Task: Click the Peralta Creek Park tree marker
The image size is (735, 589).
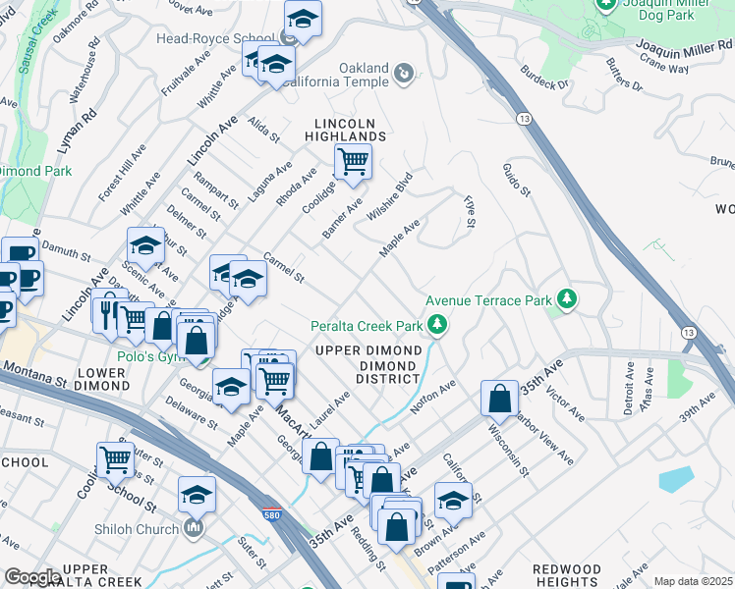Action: (x=437, y=324)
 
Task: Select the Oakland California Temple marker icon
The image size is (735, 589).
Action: (x=403, y=73)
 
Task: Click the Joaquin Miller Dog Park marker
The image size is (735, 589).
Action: (x=607, y=7)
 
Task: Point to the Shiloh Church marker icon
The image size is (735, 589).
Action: (x=194, y=528)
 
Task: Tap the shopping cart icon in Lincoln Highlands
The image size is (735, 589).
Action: (x=353, y=161)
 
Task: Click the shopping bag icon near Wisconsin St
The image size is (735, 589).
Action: (x=499, y=398)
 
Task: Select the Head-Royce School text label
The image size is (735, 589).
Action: (x=216, y=39)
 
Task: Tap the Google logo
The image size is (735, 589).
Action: (x=32, y=577)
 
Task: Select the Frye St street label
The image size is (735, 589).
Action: (x=470, y=212)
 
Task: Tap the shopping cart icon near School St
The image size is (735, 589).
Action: (x=115, y=458)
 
